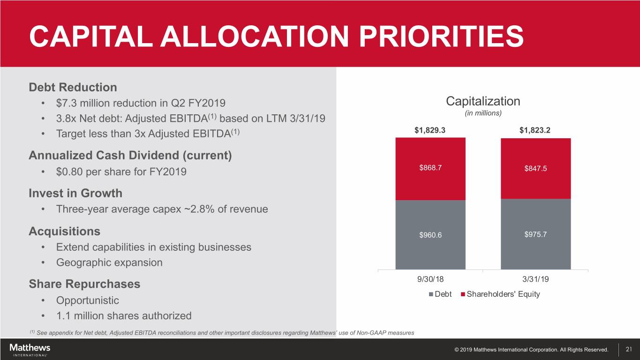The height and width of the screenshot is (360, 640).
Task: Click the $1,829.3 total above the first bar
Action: pos(430,130)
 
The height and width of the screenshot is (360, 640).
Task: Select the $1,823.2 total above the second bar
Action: pos(535,130)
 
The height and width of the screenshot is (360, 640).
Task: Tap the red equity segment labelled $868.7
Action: pos(430,169)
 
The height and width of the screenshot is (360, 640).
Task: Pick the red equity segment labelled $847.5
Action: pos(535,169)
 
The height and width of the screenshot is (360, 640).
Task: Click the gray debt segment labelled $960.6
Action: pos(430,235)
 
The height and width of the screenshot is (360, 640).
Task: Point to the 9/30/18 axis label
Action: pos(430,280)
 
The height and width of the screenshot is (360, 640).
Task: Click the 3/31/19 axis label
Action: pos(535,280)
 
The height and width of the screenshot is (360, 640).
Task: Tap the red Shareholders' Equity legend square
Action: pos(463,294)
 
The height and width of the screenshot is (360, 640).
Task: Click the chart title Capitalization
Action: pos(483,101)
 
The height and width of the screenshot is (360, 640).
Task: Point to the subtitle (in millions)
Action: pos(483,114)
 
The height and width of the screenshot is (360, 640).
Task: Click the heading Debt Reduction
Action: pos(73,87)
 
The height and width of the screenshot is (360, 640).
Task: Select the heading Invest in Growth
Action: pos(75,193)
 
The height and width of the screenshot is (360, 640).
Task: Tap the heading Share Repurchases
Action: pos(84,284)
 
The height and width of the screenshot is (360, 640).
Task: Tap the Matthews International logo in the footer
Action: pos(30,350)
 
